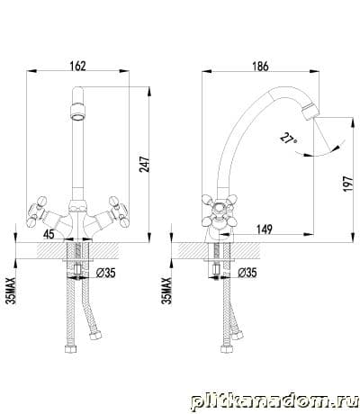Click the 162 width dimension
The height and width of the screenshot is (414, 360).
(x=77, y=66)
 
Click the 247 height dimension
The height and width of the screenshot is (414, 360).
(x=144, y=164)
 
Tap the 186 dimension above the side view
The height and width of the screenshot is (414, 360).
(x=260, y=67)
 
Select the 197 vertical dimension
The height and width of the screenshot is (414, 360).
(x=347, y=184)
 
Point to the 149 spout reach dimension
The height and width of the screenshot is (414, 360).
(x=265, y=229)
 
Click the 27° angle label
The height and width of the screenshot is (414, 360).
(x=289, y=139)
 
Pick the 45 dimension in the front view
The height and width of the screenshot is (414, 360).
(x=49, y=234)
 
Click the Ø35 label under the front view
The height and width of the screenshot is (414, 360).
(x=106, y=273)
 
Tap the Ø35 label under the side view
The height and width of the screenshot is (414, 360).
(x=247, y=273)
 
